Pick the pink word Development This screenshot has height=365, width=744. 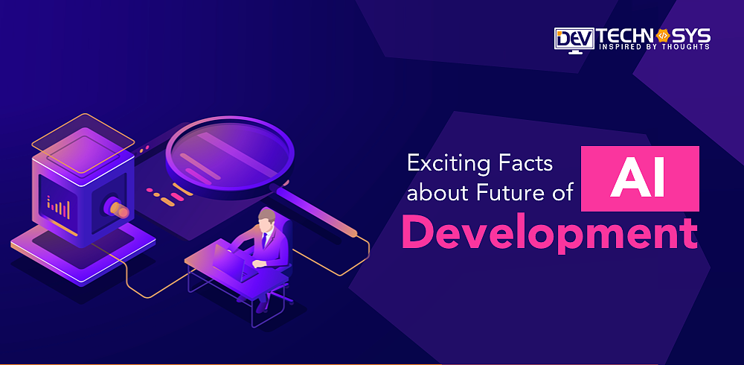click(550, 232)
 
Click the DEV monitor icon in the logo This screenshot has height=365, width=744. click(574, 39)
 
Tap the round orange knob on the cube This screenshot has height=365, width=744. click(121, 211)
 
